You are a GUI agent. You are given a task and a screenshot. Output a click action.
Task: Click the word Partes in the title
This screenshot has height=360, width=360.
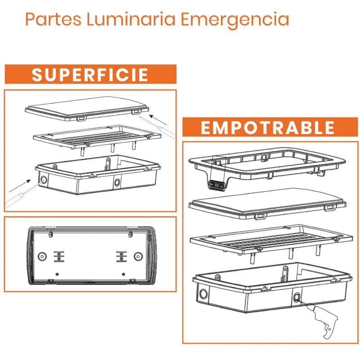[x=53, y=19]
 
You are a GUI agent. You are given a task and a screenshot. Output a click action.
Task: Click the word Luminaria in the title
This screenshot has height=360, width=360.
[x=131, y=19]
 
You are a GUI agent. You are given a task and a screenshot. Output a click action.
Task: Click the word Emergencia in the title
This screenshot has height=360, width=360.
[x=235, y=21]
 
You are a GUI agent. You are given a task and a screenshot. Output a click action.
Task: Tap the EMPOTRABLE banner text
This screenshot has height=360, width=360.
[x=267, y=128]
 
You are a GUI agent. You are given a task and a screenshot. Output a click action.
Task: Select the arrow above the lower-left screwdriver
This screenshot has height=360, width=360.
[x=20, y=186]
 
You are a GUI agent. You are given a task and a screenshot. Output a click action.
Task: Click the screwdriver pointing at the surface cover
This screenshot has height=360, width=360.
[x=157, y=127]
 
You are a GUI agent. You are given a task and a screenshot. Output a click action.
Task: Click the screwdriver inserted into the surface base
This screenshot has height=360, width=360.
[x=24, y=193]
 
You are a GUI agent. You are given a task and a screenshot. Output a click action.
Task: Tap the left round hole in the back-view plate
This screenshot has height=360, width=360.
[x=42, y=256]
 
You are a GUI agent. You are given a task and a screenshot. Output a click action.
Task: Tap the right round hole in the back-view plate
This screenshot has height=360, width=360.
[x=138, y=256]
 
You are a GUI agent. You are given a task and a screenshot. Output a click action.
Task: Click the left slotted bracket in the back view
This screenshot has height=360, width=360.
[x=59, y=256]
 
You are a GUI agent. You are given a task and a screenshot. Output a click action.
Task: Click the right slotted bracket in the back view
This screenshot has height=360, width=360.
[x=121, y=256]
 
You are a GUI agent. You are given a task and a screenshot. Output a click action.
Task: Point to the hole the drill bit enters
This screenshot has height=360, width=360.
[x=296, y=298]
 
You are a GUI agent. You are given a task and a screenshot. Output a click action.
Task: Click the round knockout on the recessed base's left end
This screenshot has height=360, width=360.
[x=203, y=294]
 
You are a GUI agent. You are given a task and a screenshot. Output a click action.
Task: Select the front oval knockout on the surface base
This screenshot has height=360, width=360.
[x=117, y=183]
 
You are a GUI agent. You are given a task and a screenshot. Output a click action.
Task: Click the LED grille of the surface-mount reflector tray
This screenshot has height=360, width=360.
[x=91, y=137]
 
